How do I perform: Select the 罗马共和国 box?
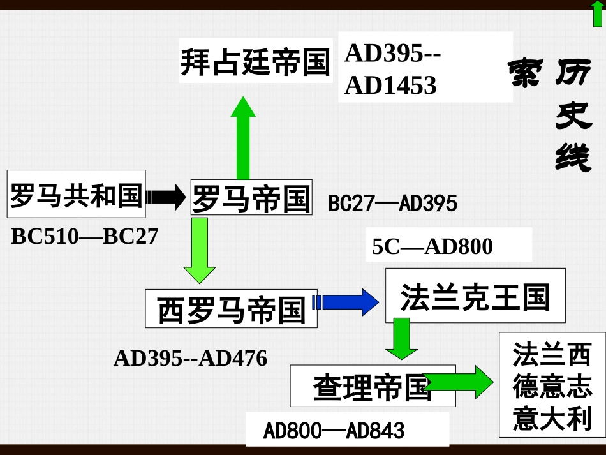tap(76, 195)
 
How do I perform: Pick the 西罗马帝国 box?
tap(231, 310)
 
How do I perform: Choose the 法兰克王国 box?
tap(475, 296)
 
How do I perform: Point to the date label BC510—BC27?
tap(84, 237)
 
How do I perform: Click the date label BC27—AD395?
tap(392, 204)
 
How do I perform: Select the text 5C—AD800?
tap(432, 246)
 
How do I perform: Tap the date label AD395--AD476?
tap(190, 359)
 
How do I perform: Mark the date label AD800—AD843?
tap(334, 431)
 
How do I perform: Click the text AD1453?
tap(390, 85)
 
